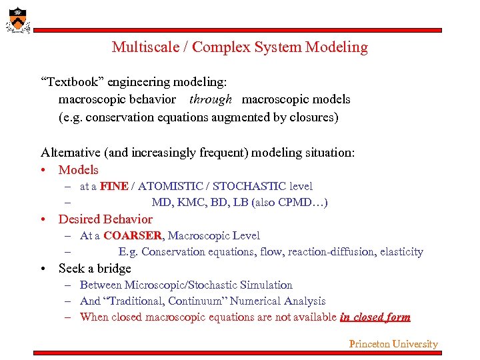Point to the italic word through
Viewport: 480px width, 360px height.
(x=211, y=99)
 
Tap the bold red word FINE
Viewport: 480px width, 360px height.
(x=114, y=187)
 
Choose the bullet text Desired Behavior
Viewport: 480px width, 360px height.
(x=105, y=219)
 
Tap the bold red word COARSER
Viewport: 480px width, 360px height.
(x=132, y=236)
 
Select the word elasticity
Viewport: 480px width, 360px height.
(x=401, y=252)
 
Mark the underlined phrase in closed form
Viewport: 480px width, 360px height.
(x=375, y=317)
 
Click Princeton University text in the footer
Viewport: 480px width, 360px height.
(x=393, y=344)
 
